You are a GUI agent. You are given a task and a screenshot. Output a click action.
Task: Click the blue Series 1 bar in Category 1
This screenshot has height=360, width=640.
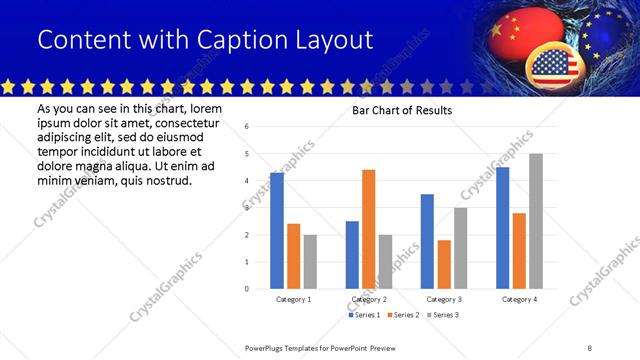(277, 231)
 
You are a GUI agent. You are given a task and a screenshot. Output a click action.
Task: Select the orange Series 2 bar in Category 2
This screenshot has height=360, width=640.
(368, 229)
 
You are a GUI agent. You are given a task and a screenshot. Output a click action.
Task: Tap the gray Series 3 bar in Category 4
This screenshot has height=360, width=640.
(536, 221)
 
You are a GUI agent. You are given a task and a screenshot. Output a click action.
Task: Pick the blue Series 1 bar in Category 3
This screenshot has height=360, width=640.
(427, 241)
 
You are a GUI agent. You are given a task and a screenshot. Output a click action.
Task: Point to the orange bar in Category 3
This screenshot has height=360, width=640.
(444, 264)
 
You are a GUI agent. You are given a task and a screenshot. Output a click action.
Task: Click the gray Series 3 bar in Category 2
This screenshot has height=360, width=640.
(385, 261)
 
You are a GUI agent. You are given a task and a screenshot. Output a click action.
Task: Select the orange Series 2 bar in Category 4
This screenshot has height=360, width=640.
(519, 251)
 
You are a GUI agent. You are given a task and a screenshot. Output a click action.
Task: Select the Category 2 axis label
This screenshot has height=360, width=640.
(369, 300)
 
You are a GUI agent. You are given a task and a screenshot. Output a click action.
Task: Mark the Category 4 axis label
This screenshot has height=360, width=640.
(519, 300)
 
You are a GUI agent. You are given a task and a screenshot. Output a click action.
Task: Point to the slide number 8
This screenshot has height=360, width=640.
(590, 347)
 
